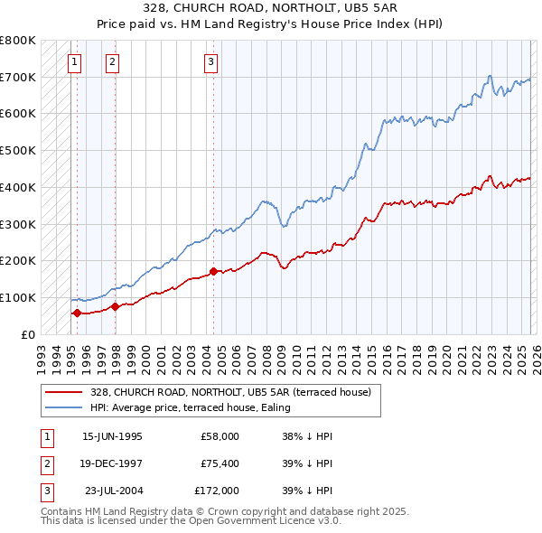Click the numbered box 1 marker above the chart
pyautogui.click(x=74, y=61)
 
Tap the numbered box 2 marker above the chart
pyautogui.click(x=112, y=61)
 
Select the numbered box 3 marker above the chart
pyautogui.click(x=210, y=61)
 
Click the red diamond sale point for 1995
pyautogui.click(x=77, y=313)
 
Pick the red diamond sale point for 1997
pyautogui.click(x=116, y=307)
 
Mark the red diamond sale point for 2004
pyautogui.click(x=213, y=271)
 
